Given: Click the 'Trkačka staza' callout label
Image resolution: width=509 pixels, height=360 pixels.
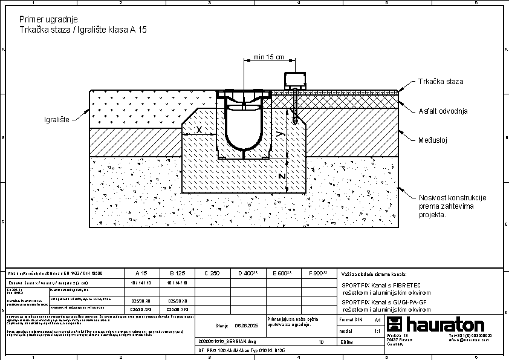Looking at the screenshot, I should pos(441,81).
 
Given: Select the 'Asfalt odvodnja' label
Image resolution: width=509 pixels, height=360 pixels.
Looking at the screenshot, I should pos(443,111).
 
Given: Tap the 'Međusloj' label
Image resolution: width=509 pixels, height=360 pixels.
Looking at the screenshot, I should pos(432,140).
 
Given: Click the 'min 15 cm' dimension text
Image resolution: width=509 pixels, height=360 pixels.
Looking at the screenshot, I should pos(268,57).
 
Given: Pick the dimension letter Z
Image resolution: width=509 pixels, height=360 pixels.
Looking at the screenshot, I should pos(282,176).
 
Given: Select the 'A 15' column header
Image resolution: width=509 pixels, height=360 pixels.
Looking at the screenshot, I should pos(141,273).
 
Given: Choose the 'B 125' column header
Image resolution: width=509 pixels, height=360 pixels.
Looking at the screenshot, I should pos(177,273).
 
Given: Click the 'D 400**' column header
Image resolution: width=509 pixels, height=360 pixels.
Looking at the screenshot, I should pos(248,273).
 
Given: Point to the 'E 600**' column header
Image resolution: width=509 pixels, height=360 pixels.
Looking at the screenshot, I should pos(282,273).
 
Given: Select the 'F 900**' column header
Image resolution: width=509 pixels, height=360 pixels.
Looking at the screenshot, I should pos(318,273).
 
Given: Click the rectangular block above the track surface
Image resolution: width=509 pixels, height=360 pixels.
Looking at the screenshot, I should pos(296,79).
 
